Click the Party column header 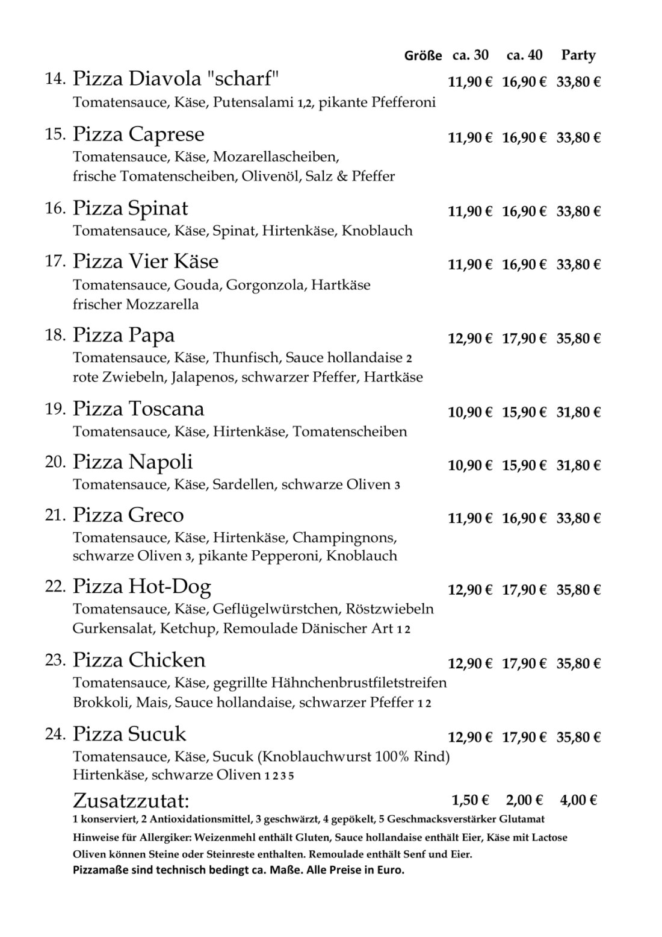click(578, 55)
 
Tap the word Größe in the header click(424, 56)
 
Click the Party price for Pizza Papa click(578, 339)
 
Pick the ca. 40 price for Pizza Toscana click(524, 413)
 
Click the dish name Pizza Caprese click(138, 134)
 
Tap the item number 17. click(55, 262)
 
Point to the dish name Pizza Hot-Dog click(142, 586)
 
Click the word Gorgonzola click(266, 284)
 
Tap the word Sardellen click(243, 484)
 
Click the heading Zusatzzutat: click(131, 801)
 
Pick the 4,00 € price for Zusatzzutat click(578, 800)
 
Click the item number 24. click(55, 734)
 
